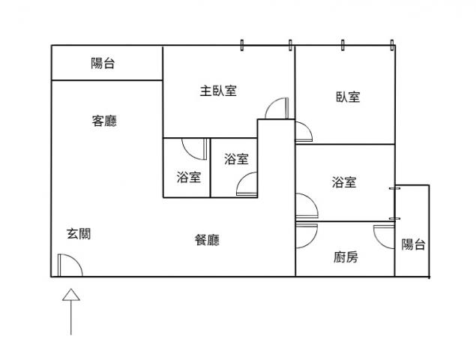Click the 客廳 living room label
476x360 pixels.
pos(104,121)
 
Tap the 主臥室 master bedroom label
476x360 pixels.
pos(218,91)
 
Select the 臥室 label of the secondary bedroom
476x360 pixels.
pos(348,97)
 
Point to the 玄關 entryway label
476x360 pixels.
pos(79,234)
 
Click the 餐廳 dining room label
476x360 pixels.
pos(207,240)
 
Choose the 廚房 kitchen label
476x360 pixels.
pos(346,258)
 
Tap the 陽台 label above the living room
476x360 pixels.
pos(103,64)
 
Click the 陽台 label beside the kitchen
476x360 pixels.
pos(413,244)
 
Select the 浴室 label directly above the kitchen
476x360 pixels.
pos(344,182)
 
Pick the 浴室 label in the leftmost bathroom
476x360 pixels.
pos(188,178)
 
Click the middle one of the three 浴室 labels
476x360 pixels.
pos(236,159)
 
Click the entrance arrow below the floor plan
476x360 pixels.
pos(70,311)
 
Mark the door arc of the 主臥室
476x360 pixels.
pos(276,109)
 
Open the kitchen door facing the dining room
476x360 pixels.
pos(306,235)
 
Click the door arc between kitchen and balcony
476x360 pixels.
pos(387,236)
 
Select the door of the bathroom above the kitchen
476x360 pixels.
pos(306,206)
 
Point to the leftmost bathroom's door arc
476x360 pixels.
pos(194,149)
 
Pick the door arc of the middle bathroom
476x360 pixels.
pos(247,184)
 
